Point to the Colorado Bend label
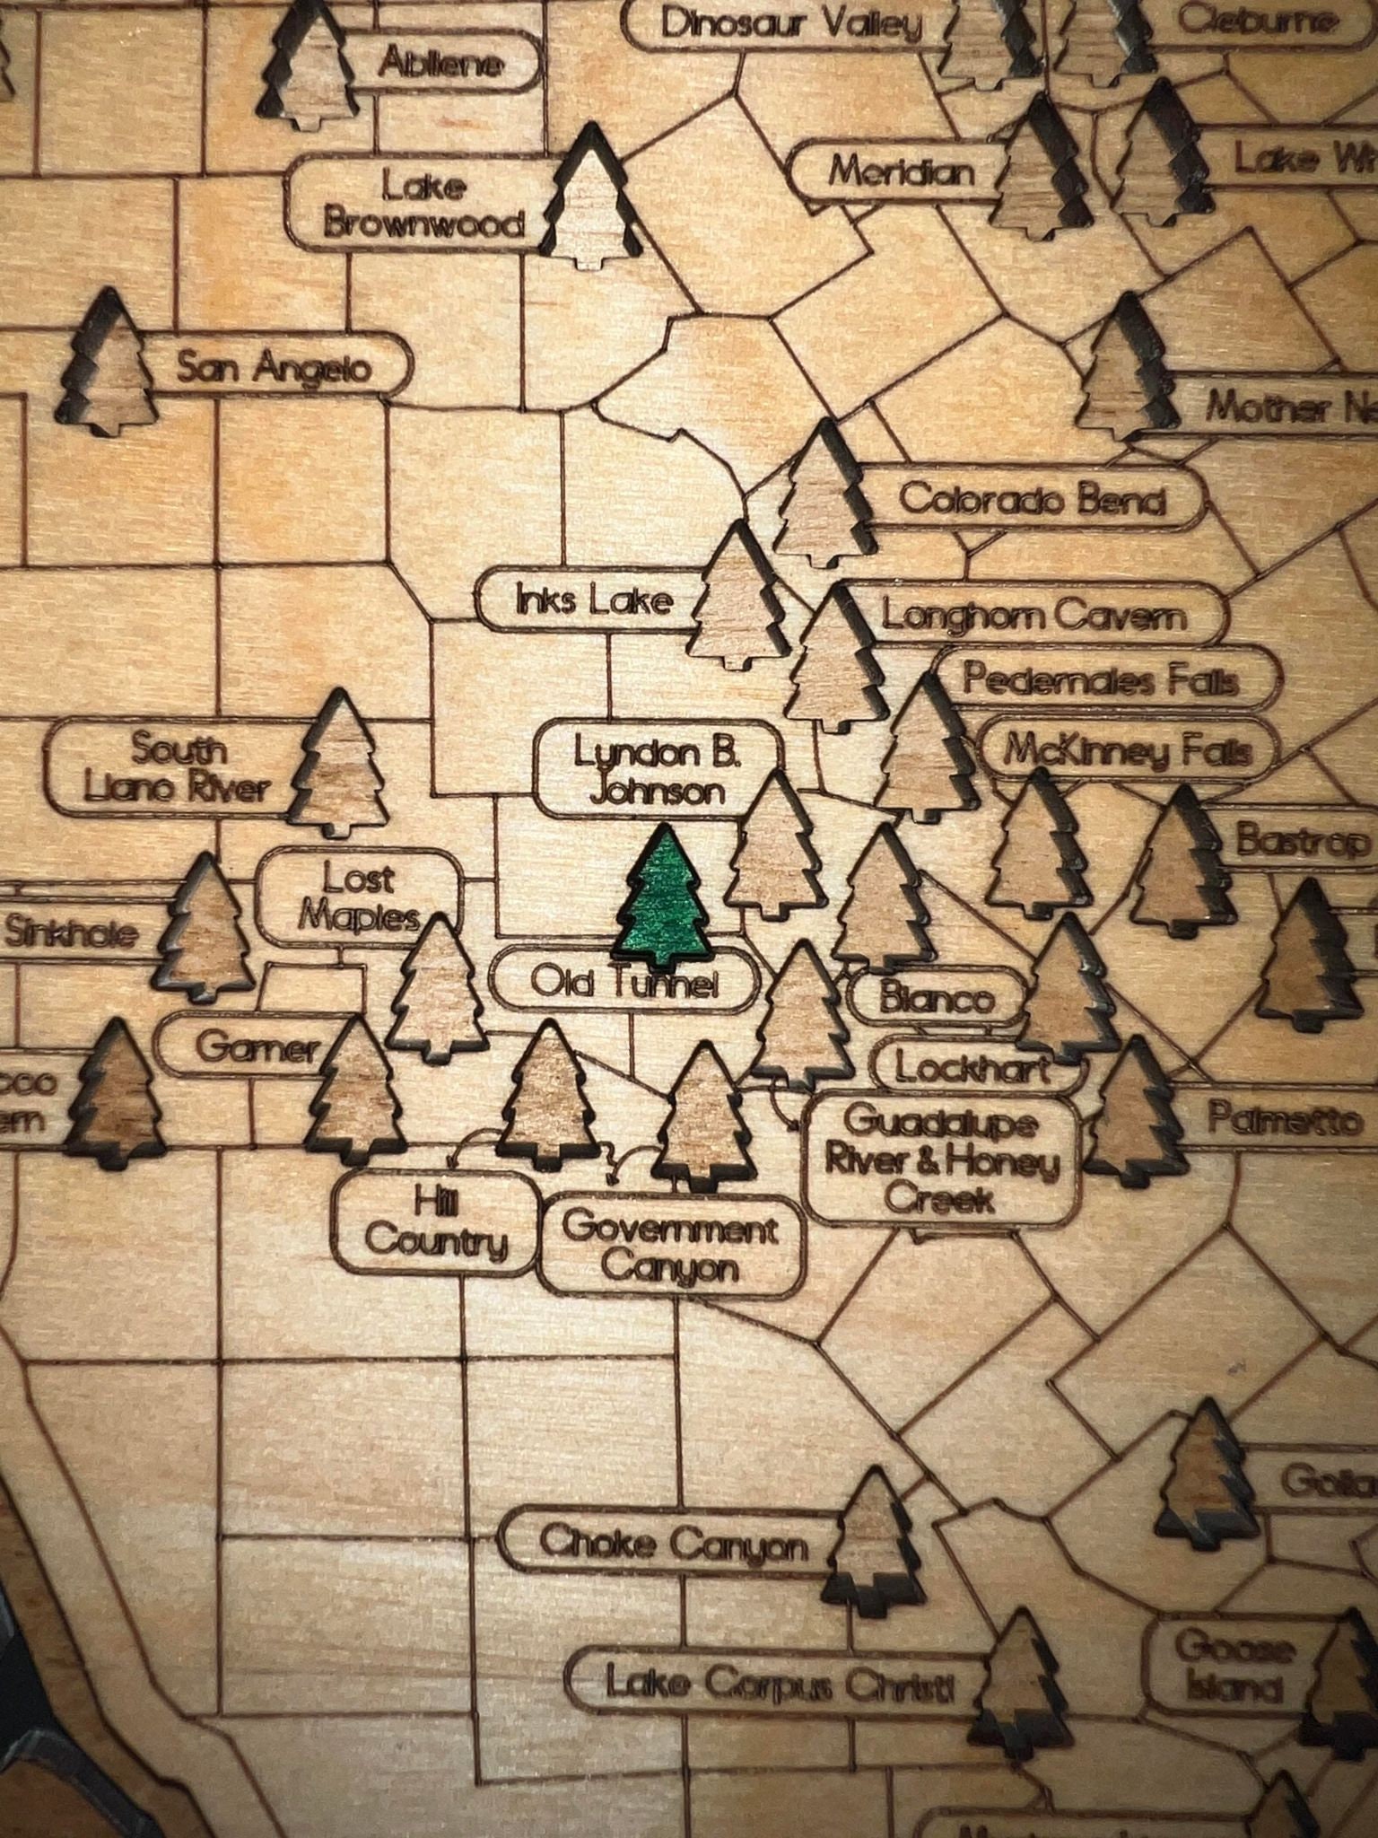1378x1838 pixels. (x=1032, y=499)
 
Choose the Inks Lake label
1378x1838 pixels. (x=593, y=600)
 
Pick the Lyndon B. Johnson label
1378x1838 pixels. (x=658, y=771)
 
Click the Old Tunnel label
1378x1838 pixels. (x=624, y=985)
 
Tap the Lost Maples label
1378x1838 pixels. (x=359, y=897)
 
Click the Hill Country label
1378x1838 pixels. (x=437, y=1223)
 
